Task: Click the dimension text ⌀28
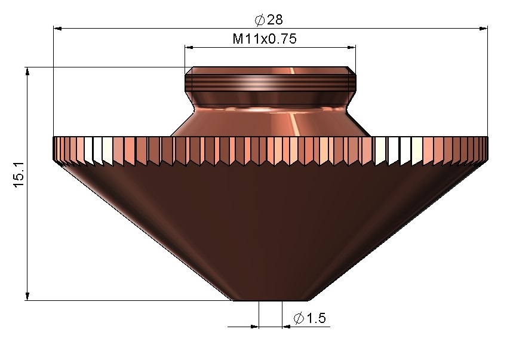point(269,20)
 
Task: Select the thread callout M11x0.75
point(265,39)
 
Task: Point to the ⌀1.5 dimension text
point(310,318)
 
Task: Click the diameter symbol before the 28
point(260,20)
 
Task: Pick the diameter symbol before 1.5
point(299,318)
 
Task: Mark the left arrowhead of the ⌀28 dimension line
point(58,27)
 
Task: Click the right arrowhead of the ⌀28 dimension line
point(483,27)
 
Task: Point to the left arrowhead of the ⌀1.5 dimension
point(254,327)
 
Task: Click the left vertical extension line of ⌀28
point(54,84)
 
